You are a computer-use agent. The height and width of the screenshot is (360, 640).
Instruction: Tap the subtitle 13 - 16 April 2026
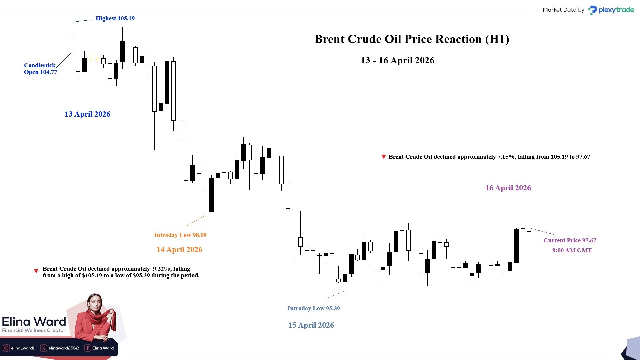pos(397,60)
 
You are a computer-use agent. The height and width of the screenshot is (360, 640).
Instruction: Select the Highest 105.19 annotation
pos(115,18)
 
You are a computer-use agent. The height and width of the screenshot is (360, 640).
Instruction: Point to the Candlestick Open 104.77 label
pos(40,69)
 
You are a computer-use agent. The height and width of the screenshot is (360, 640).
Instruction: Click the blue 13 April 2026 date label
pos(87,114)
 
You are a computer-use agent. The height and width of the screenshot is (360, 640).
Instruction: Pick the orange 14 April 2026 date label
pos(179,249)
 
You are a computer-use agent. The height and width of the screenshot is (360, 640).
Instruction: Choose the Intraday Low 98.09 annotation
pos(180,235)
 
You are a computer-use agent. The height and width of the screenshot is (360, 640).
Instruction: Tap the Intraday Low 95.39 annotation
pos(314,308)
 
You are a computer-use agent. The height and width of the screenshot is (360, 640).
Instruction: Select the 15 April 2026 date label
pos(311,325)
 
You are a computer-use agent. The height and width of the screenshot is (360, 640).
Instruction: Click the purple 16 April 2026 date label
pos(508,188)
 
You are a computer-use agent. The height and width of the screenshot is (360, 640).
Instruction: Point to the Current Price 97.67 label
pos(570,240)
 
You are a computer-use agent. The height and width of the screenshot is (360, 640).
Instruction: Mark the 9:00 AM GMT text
pos(572,250)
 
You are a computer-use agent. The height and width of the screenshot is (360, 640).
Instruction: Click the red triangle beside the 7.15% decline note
pos(384,157)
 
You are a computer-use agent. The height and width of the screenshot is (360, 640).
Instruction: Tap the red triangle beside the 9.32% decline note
pos(36,271)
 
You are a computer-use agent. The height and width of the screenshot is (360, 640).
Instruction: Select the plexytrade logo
pos(611,10)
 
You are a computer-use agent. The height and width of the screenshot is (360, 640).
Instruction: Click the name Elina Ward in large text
pos(34,322)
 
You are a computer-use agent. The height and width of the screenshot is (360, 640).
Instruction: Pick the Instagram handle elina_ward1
pos(19,348)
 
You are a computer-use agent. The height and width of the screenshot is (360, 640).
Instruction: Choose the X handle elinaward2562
pos(60,348)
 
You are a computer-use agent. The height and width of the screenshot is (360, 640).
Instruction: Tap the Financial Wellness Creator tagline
pos(34,330)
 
